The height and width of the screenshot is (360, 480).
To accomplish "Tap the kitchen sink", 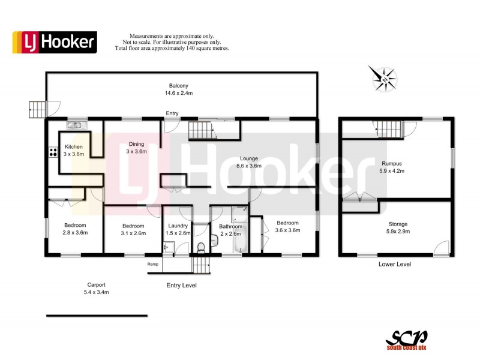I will (76, 125).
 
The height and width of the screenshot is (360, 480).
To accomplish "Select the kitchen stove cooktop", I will (50, 152).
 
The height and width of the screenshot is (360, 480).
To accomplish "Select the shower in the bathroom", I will (239, 212).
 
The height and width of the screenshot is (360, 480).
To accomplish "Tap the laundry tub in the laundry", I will (167, 246).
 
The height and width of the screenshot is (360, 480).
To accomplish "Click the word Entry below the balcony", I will (172, 113).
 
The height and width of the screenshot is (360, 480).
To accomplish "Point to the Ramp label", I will (153, 264).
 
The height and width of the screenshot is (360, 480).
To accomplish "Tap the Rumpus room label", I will (392, 163).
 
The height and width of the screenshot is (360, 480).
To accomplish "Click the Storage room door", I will (442, 247).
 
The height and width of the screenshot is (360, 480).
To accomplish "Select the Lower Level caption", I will (394, 264).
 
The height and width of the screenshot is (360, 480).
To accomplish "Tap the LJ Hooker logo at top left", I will (55, 42).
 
